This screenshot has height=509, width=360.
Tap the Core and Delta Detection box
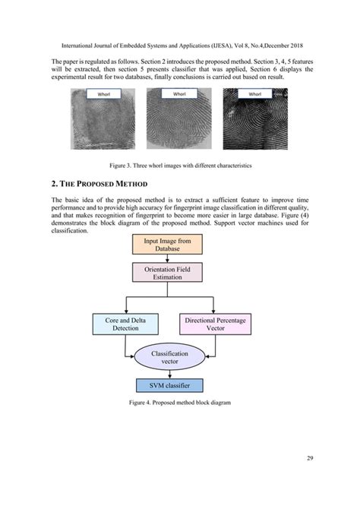tap(125, 325)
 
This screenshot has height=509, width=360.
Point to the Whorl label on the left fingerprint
tap(101, 94)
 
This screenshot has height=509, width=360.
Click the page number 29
tap(311, 458)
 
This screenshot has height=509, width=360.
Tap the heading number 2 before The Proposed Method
tap(54, 185)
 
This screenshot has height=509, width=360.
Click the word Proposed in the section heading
tap(106, 185)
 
